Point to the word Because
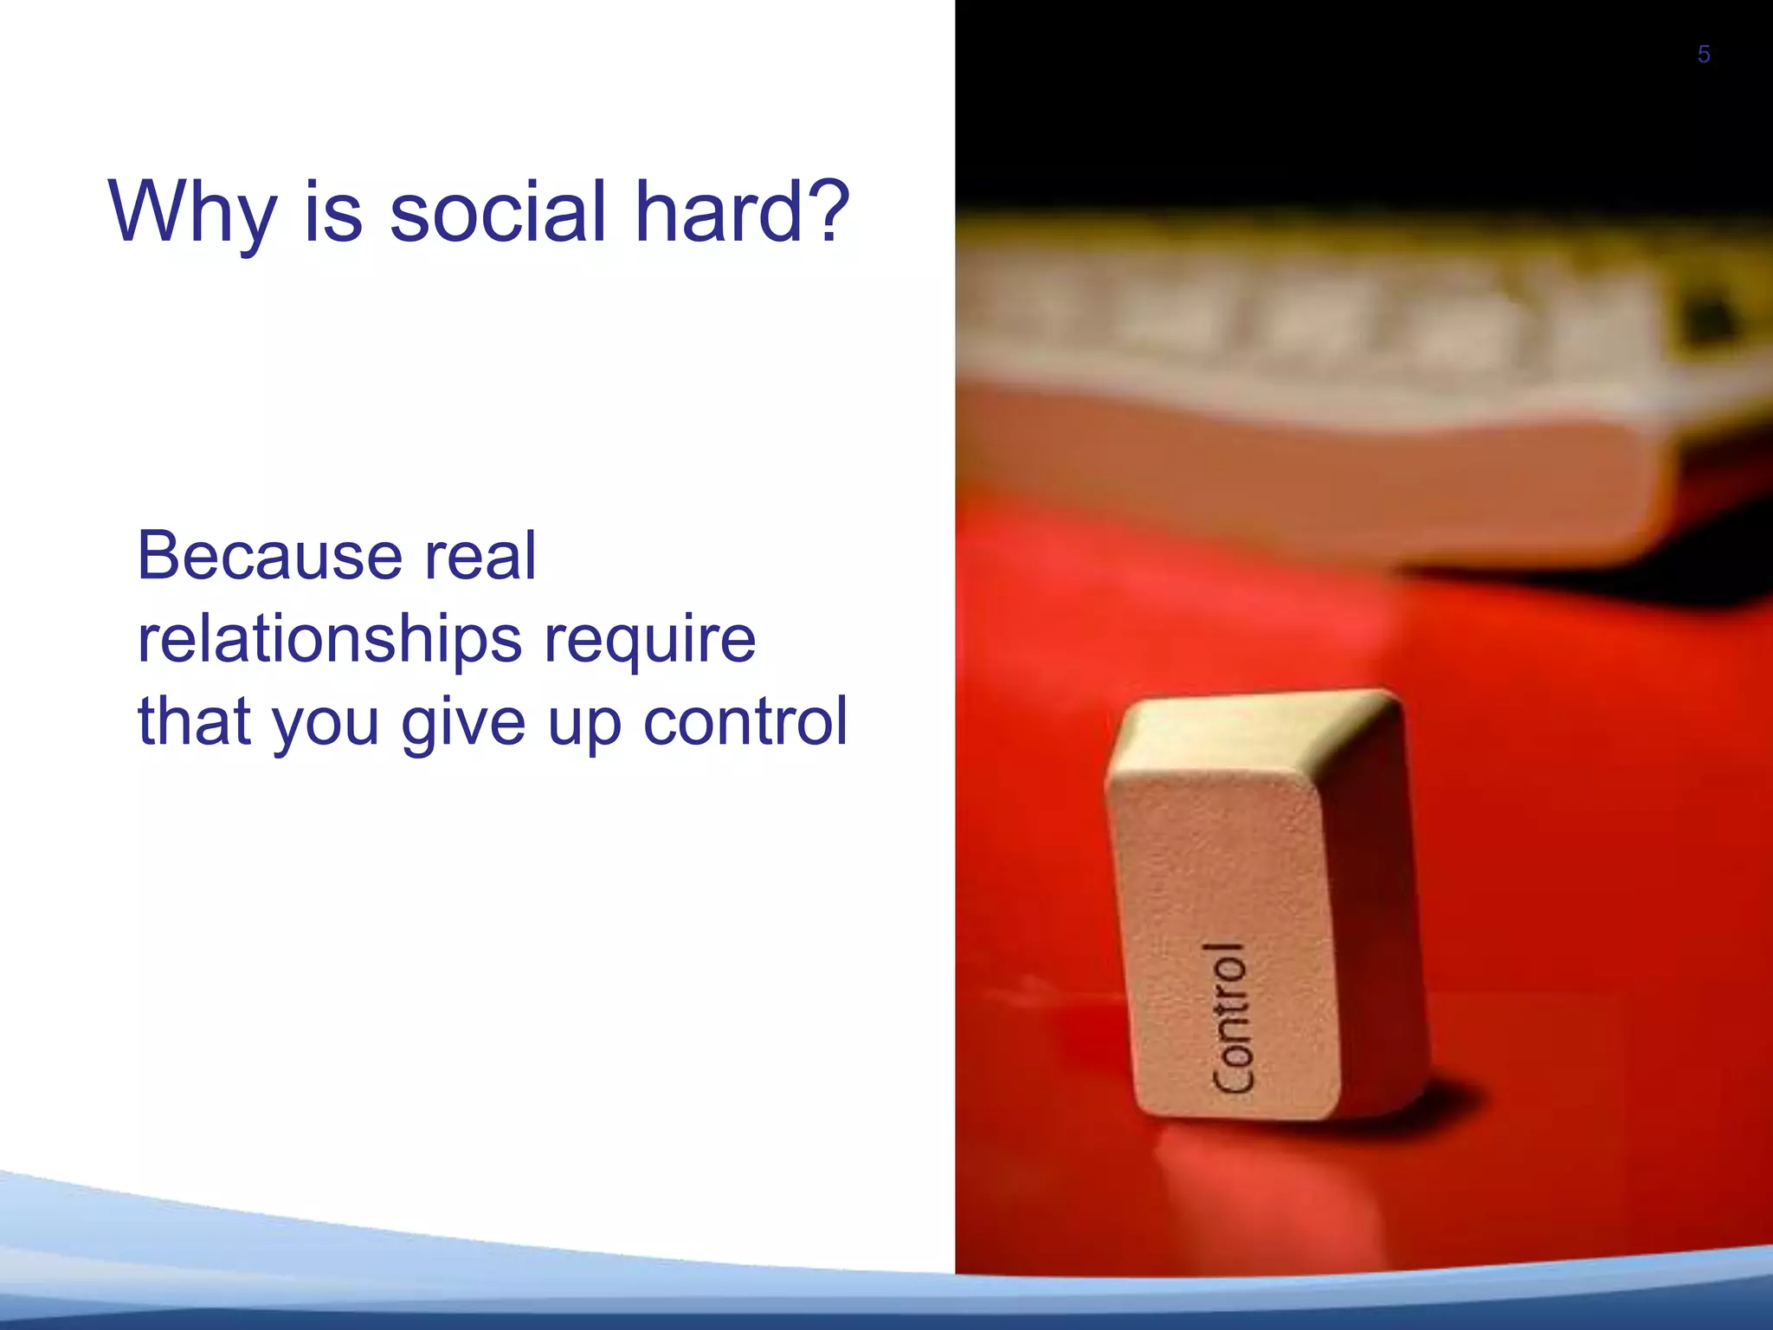pyautogui.click(x=268, y=556)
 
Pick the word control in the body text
pyautogui.click(x=745, y=720)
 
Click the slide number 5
pyautogui.click(x=1703, y=55)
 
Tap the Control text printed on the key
pyautogui.click(x=1230, y=1018)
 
